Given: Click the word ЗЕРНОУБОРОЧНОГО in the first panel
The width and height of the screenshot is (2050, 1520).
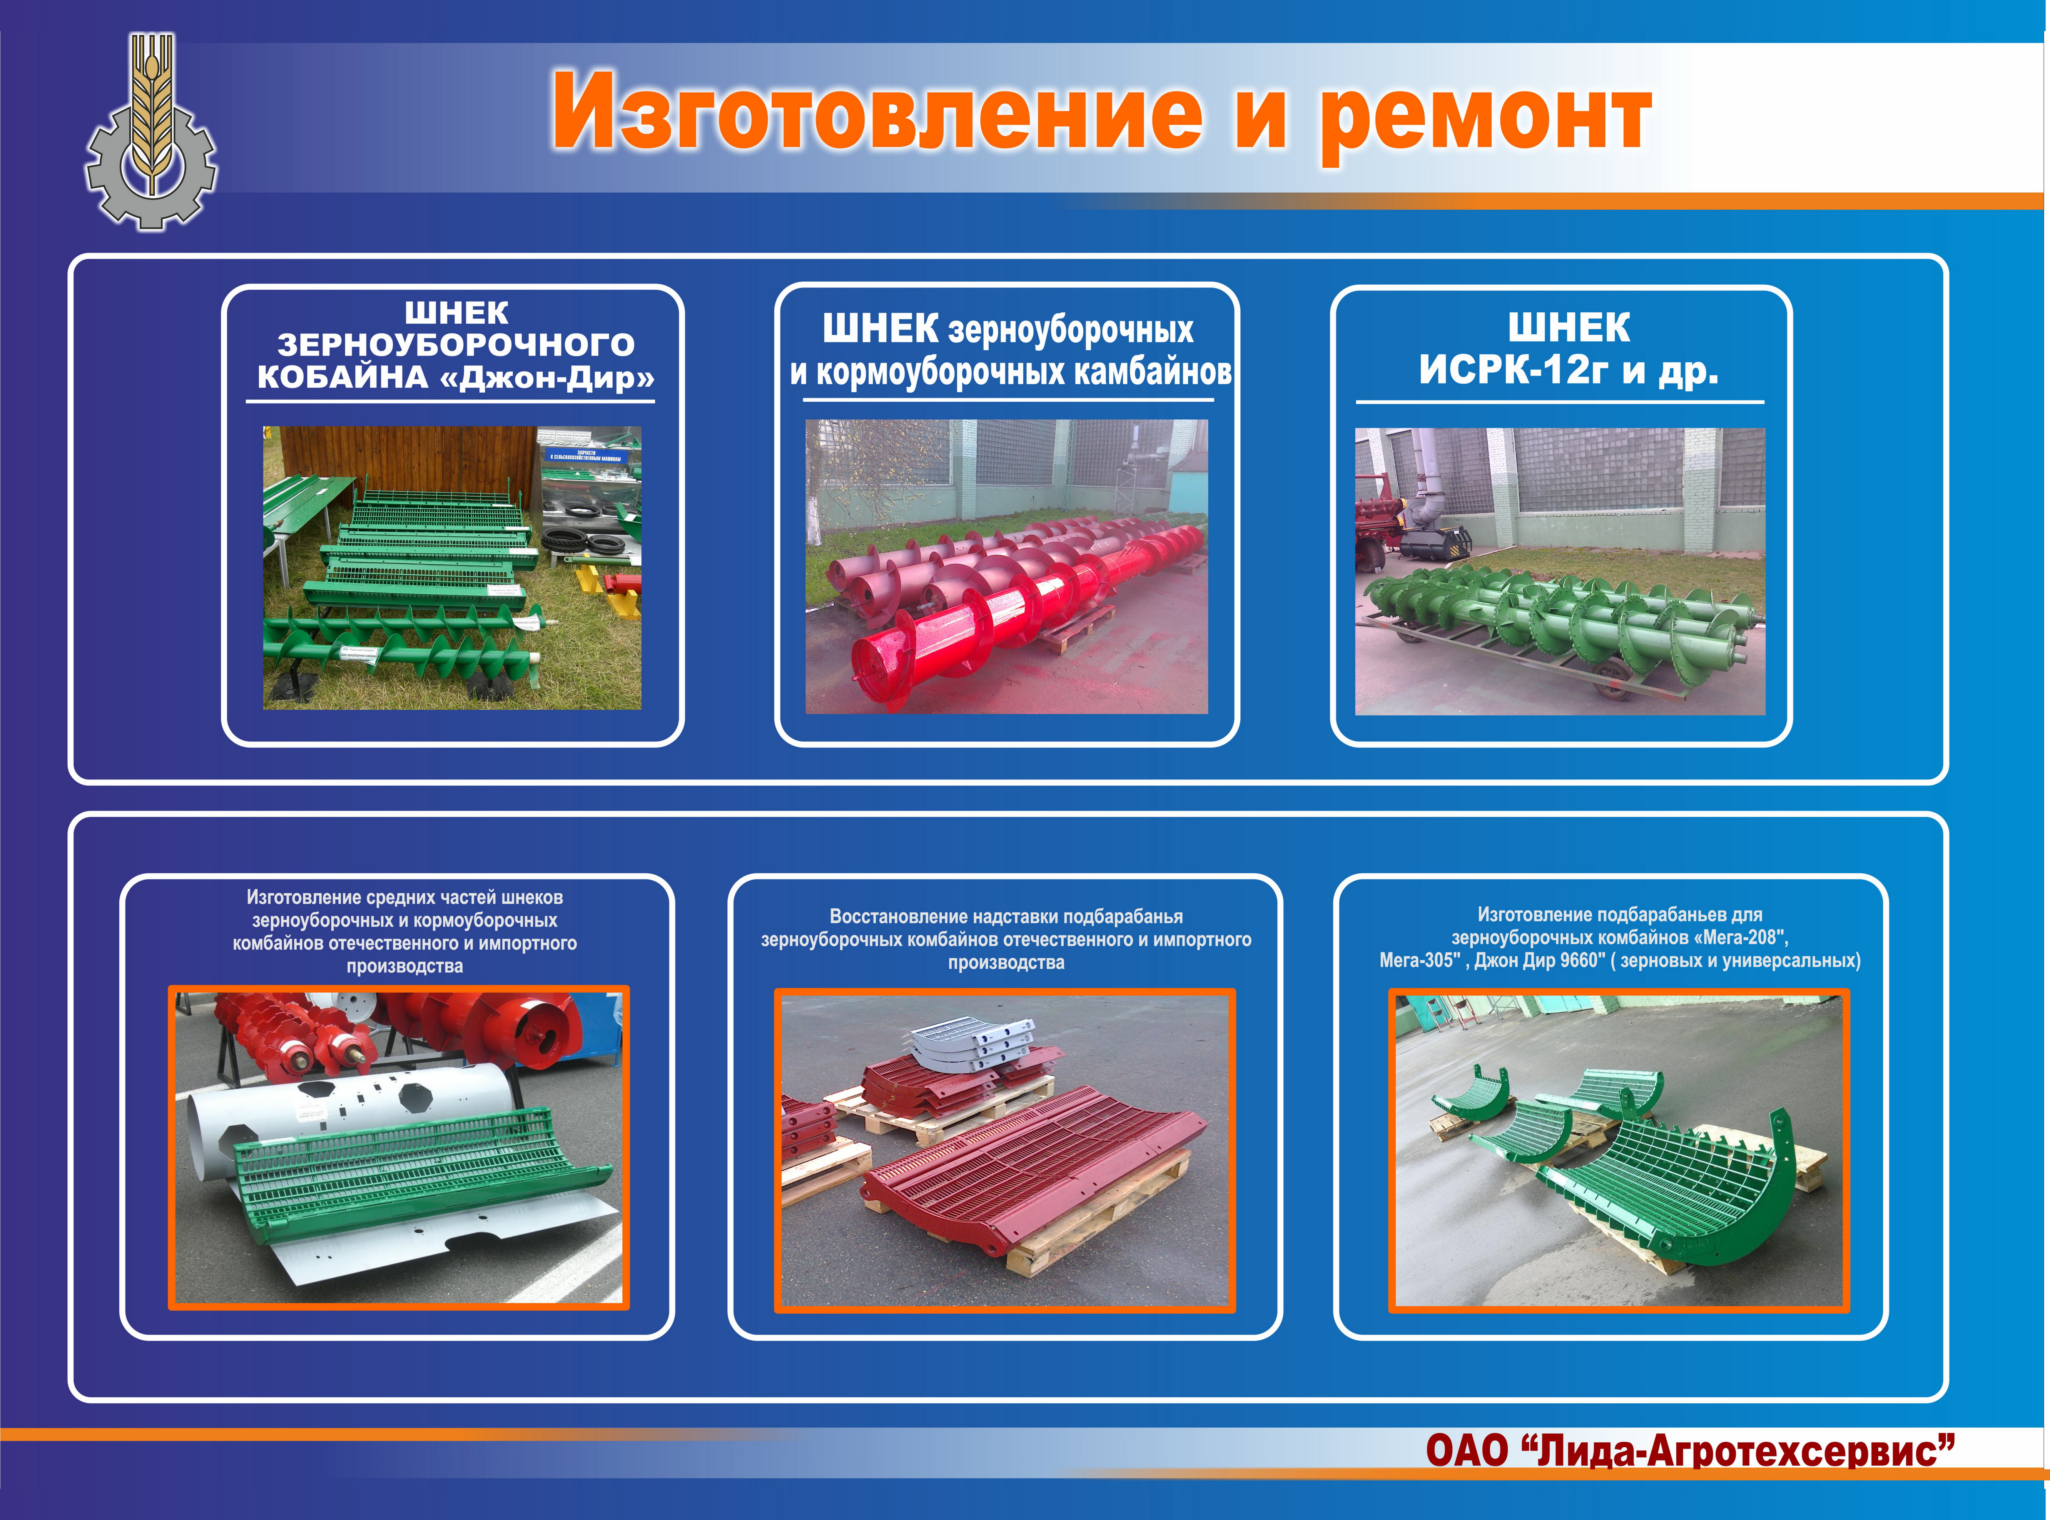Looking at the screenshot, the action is point(456,345).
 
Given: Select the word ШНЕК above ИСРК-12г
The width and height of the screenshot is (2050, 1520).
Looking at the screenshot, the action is point(1569,327).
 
